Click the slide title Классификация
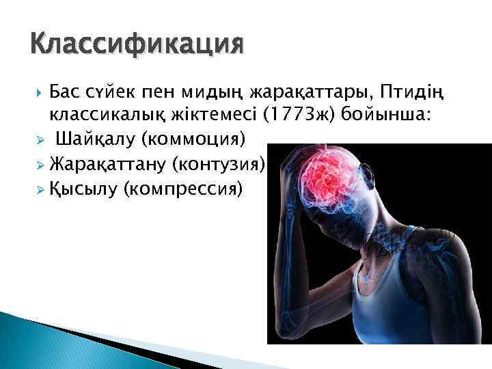pyautogui.click(x=136, y=46)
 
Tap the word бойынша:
pyautogui.click(x=392, y=115)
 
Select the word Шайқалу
pyautogui.click(x=96, y=139)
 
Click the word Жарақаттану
pyautogui.click(x=107, y=163)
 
